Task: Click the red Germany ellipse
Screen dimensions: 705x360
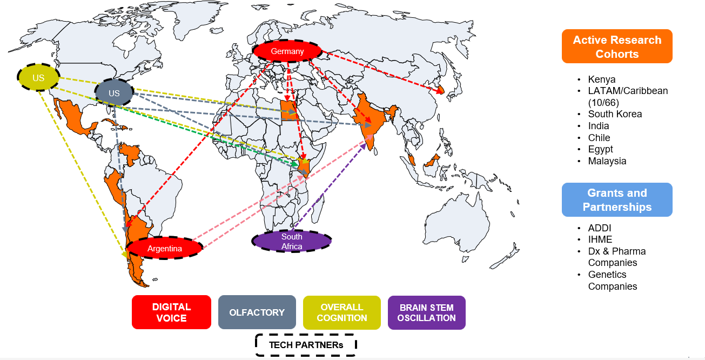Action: tap(287, 51)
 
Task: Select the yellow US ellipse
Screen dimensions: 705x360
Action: tap(38, 78)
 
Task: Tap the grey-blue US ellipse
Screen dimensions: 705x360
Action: tap(114, 93)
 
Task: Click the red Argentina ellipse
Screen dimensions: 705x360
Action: tap(165, 249)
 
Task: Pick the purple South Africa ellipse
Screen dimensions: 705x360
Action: tap(292, 241)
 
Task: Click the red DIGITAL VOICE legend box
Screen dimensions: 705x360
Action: tap(171, 312)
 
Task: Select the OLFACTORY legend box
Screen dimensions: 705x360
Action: tap(257, 312)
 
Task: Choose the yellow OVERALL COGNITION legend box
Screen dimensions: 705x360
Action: tap(341, 312)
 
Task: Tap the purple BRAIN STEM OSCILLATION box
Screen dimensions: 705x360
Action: tap(426, 312)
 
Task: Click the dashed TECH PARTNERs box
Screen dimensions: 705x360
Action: tap(306, 344)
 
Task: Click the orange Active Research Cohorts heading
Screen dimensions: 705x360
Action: tap(617, 46)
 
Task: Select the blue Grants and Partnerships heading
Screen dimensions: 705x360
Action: tap(617, 199)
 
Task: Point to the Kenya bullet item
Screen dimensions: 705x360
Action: tap(601, 79)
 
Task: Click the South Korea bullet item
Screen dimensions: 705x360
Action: tap(615, 114)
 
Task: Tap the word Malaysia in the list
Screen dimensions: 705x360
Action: tap(607, 161)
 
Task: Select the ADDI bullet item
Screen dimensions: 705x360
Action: tap(600, 228)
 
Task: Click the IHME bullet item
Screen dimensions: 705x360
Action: tap(600, 239)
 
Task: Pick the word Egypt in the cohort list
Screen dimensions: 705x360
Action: tap(600, 149)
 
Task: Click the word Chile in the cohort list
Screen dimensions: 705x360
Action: tap(599, 138)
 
